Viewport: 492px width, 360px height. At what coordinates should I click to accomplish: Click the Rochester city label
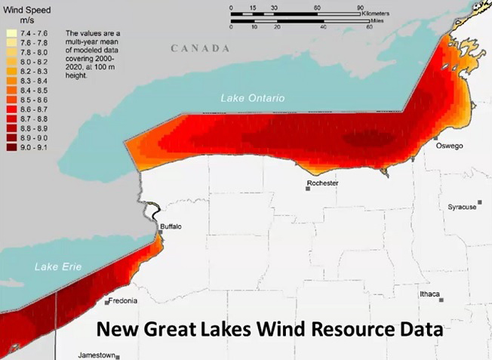tap(323, 183)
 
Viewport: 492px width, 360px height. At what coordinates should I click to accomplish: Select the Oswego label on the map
tap(449, 146)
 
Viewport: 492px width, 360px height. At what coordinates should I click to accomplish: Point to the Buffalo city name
tap(170, 226)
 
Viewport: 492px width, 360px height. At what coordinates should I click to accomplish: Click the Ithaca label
tap(430, 294)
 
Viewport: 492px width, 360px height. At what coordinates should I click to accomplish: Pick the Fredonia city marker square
tap(106, 302)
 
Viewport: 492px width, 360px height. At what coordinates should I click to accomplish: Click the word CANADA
tap(200, 48)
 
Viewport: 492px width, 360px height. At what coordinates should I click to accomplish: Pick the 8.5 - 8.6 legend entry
tap(33, 99)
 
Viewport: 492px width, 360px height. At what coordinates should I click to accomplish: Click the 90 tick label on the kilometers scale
tap(360, 7)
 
